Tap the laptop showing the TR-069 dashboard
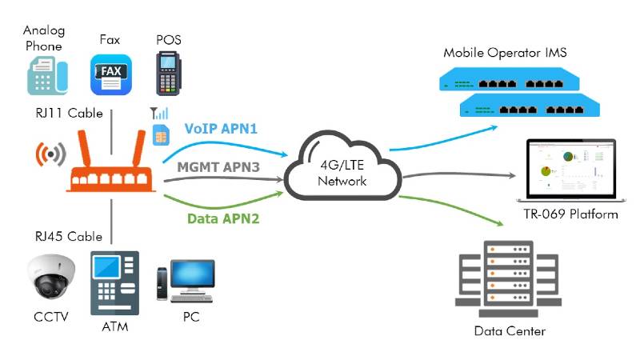tap(570, 172)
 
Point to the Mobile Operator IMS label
tap(506, 53)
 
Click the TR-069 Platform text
tap(570, 214)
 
